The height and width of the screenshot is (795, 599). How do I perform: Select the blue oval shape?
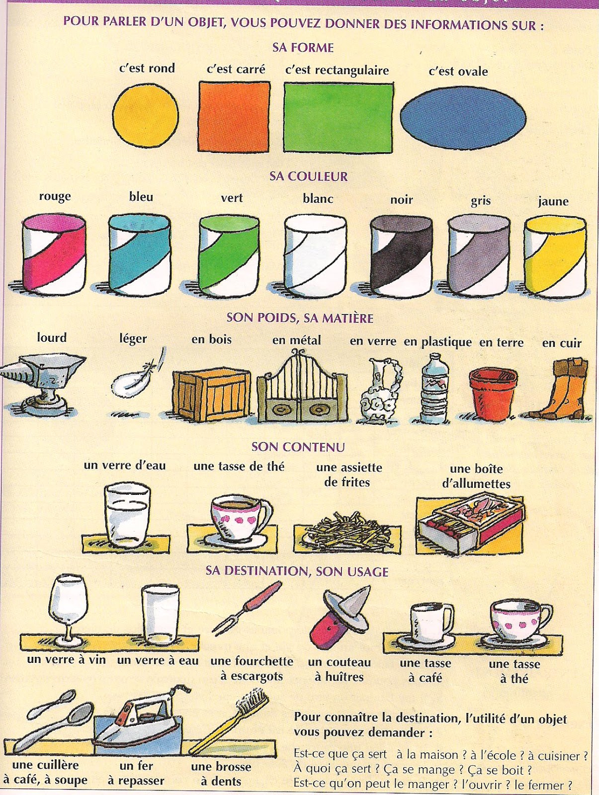pos(463,118)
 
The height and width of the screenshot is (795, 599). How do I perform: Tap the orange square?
pos(234,116)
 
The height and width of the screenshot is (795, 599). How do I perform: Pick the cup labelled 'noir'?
pos(401,257)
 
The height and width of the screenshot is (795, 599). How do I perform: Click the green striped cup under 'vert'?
pos(229,256)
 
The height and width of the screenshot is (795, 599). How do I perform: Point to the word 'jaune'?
pos(553,201)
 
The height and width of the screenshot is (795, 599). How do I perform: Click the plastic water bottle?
pos(434,388)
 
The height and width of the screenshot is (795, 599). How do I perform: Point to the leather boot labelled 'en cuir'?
pos(564,390)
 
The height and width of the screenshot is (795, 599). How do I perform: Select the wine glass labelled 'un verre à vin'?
pos(68,609)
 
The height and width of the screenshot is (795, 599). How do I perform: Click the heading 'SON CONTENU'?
pos(298,447)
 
